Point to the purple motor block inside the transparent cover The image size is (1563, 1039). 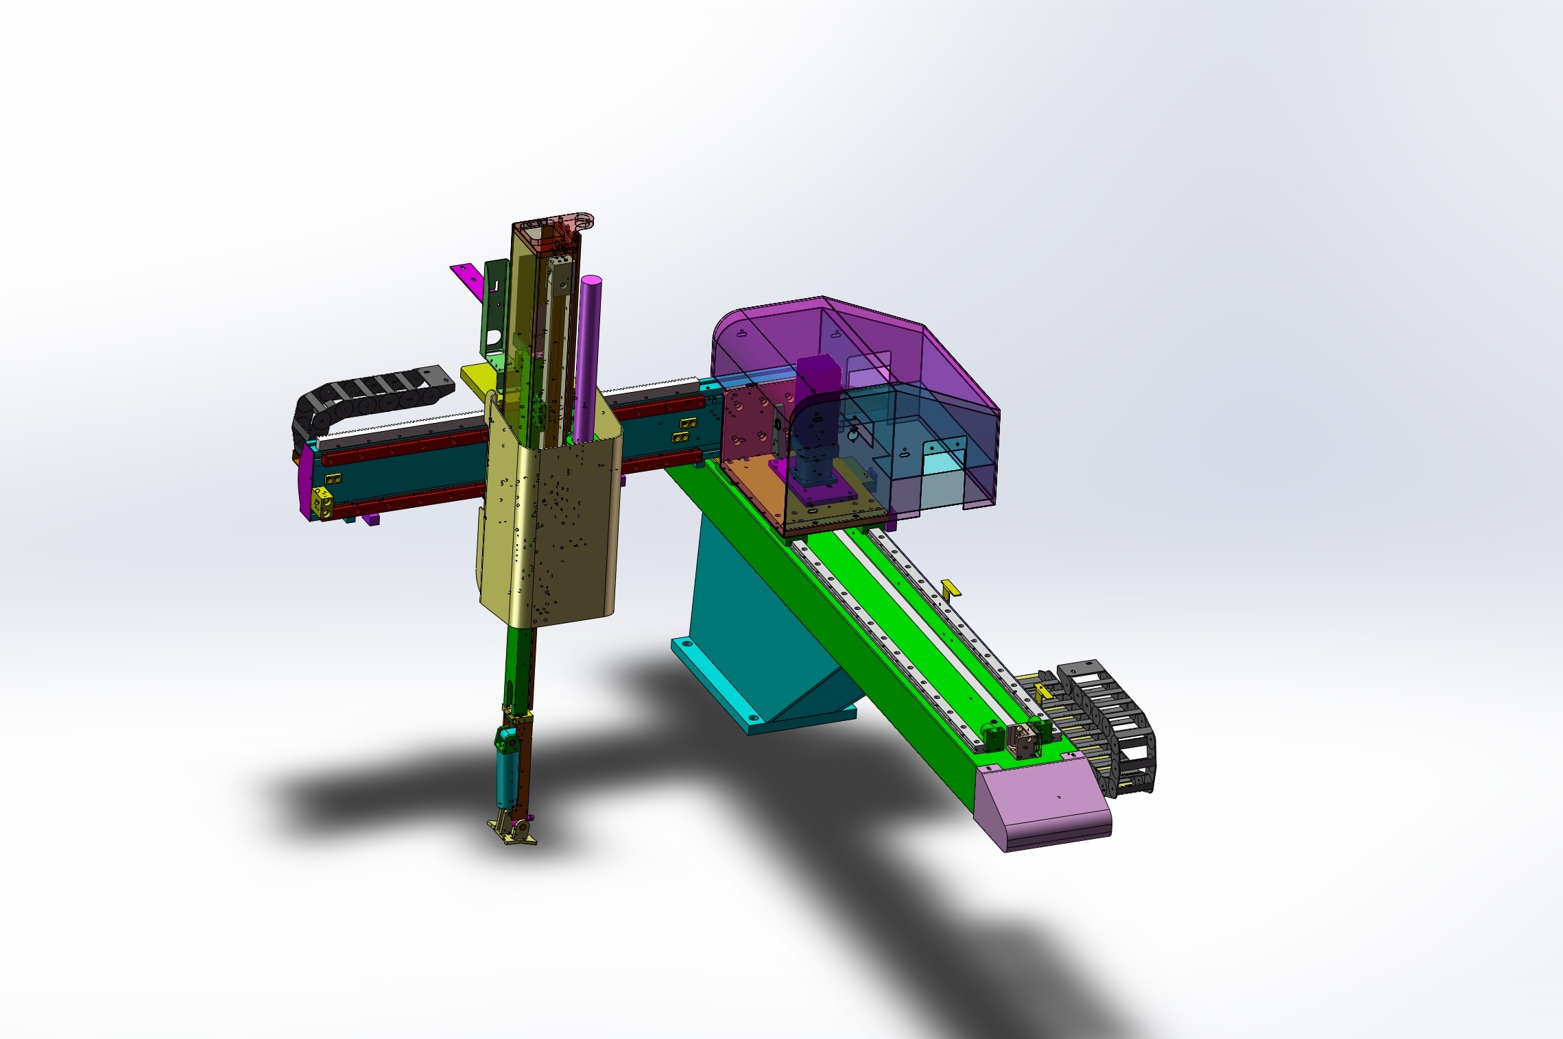tap(818, 384)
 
